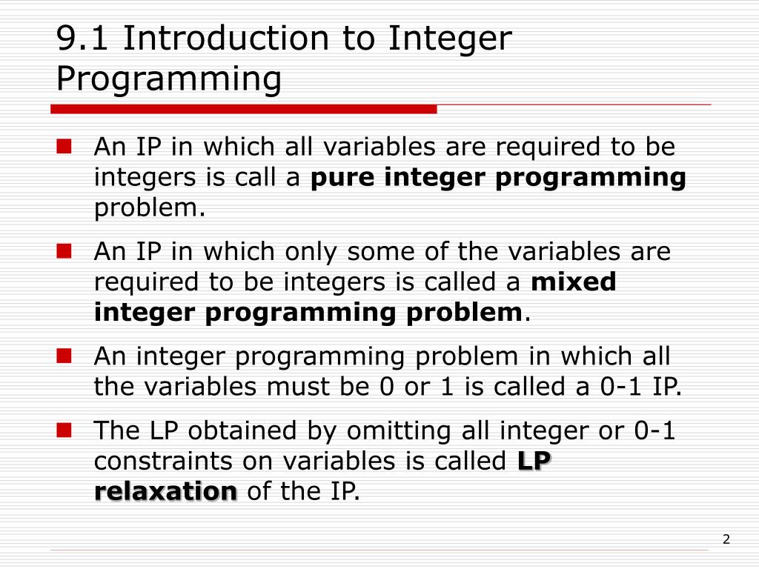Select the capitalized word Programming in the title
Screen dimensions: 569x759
tap(169, 79)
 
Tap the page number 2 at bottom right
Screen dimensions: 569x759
tap(726, 539)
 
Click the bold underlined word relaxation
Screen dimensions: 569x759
tap(165, 491)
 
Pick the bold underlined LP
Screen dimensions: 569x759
tap(534, 461)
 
